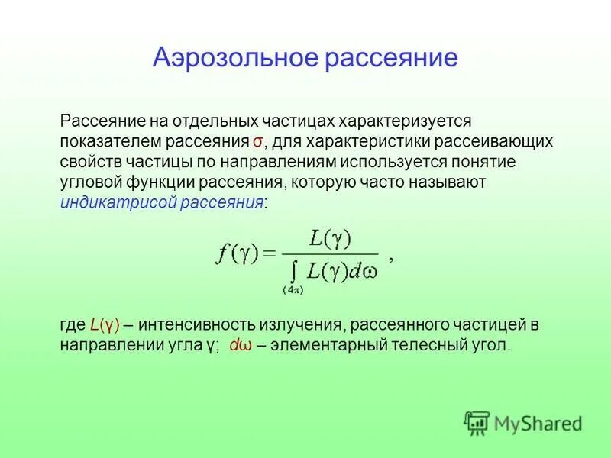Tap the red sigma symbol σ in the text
(258, 143)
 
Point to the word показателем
(105, 143)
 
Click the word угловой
(89, 182)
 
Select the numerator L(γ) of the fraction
(329, 239)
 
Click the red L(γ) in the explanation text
(104, 325)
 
